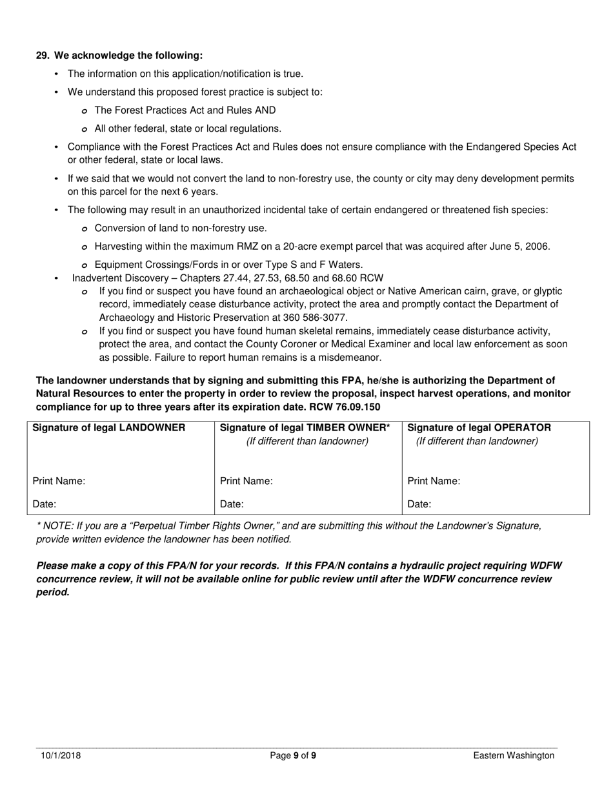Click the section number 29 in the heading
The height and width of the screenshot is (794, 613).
(42, 56)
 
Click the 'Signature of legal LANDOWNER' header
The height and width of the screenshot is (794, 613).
(108, 427)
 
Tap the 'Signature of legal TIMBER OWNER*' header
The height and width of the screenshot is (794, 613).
(305, 427)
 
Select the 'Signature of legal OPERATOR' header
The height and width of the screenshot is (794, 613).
(479, 427)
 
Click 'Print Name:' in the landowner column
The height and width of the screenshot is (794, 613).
(59, 481)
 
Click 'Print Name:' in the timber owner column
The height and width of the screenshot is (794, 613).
(246, 481)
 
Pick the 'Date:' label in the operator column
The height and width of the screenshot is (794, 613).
(419, 504)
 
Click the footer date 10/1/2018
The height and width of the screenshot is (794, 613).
(58, 755)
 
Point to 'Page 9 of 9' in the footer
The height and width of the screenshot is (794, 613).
(293, 755)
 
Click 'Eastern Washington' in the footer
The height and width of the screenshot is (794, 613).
(513, 755)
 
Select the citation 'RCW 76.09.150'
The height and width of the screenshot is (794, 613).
(348, 407)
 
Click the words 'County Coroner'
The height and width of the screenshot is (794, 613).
(319, 344)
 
